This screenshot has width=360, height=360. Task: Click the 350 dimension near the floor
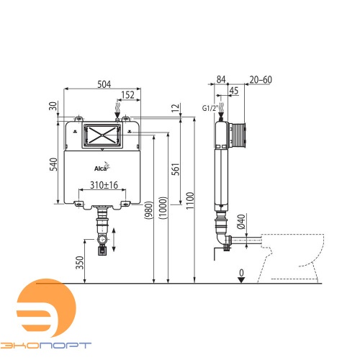tap(80, 263)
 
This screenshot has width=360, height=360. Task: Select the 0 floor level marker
tap(242, 274)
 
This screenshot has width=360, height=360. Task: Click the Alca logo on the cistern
tap(102, 168)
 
